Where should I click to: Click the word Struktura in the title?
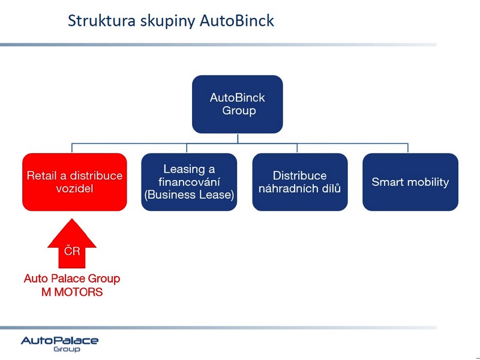tap(101, 21)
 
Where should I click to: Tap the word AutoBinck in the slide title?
tap(237, 21)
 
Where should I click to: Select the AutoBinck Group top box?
tap(238, 104)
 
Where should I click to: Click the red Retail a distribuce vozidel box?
tap(74, 182)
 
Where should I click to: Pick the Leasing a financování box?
tap(189, 182)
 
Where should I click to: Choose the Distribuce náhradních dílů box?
tap(300, 182)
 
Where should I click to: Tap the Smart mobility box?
tap(410, 182)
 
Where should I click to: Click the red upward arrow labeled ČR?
tap(72, 244)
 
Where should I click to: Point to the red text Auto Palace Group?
tap(72, 278)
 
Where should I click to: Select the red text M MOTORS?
tap(72, 292)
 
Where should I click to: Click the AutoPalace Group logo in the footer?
tap(59, 344)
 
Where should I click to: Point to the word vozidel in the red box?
tap(74, 188)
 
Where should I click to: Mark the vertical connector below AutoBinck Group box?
tap(238, 139)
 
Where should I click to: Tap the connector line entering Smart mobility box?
tap(408, 148)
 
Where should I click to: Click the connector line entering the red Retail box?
tap(72, 148)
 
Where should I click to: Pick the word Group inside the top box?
tap(239, 111)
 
